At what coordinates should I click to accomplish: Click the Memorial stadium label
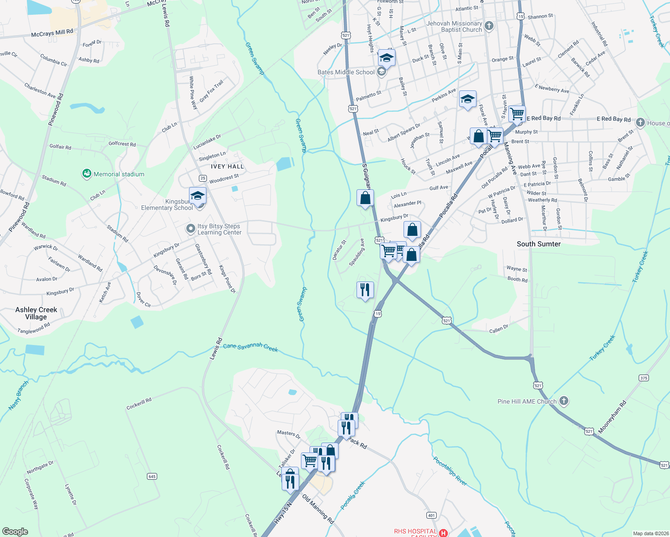[119, 174]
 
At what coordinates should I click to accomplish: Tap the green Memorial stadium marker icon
[87, 174]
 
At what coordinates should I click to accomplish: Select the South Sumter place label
[538, 244]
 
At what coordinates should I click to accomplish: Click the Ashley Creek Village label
[36, 313]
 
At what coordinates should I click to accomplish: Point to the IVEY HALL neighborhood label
[227, 166]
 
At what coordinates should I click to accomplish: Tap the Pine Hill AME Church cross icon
[564, 401]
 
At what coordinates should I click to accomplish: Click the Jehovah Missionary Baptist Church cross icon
[489, 26]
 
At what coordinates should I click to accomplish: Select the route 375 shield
[644, 378]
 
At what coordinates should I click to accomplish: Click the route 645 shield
[152, 476]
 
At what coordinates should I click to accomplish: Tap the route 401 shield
[431, 515]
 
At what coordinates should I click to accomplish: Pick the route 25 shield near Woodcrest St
[202, 178]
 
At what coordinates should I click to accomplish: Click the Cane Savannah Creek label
[250, 347]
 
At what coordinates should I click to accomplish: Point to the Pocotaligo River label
[450, 471]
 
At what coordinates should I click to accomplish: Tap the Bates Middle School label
[346, 72]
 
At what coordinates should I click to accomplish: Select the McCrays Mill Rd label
[52, 33]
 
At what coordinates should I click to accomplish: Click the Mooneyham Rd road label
[612, 417]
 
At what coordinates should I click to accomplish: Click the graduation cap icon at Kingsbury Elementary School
[198, 196]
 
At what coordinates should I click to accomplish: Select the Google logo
[15, 531]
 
